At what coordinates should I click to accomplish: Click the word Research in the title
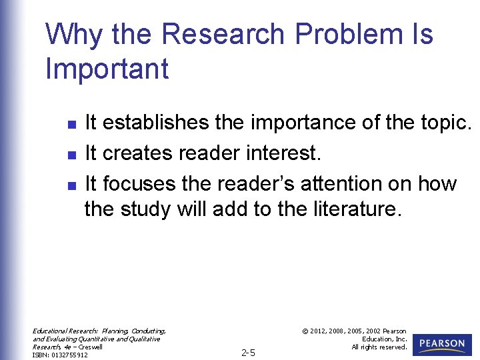pyautogui.click(x=217, y=35)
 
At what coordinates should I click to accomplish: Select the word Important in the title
pyautogui.click(x=107, y=69)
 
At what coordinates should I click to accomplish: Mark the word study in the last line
pyautogui.click(x=147, y=209)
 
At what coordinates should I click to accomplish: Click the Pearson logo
pyautogui.click(x=442, y=344)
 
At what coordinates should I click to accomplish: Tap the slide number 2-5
pyautogui.click(x=248, y=353)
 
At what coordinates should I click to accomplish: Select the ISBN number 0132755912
pyautogui.click(x=69, y=355)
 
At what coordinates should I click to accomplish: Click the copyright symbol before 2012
pyautogui.click(x=304, y=331)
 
